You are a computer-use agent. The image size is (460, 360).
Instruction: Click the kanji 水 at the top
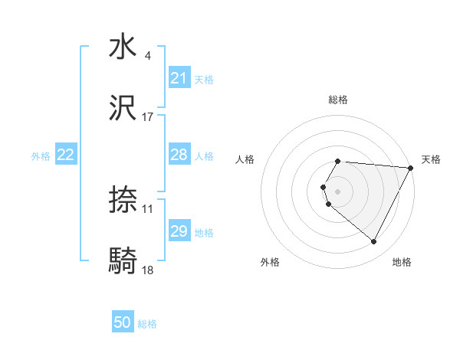coord(123,47)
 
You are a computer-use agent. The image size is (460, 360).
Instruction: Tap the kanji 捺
coord(123,201)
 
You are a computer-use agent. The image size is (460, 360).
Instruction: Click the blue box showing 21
coord(179,78)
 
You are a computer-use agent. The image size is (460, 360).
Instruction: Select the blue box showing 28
coord(179,155)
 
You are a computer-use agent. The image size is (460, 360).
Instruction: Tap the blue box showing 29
coord(179,231)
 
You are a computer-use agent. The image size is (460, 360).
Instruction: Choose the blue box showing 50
coord(123,323)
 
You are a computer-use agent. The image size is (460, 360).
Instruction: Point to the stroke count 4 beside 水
coord(147,56)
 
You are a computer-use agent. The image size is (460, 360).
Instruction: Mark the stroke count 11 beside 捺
coord(147,209)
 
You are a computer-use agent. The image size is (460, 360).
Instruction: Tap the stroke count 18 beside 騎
coord(147,270)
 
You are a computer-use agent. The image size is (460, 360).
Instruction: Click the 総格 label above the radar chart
coord(338,100)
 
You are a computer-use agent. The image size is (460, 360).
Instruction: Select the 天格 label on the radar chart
coord(432,159)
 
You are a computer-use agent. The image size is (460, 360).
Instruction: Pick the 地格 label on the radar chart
coord(402,263)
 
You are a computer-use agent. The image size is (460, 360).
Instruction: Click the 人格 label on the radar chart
coord(245,159)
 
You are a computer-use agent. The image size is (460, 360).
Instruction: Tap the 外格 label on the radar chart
coord(270,263)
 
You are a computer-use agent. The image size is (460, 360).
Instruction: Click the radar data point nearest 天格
coord(411,168)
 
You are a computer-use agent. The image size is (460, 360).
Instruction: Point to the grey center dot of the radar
coord(338,191)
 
